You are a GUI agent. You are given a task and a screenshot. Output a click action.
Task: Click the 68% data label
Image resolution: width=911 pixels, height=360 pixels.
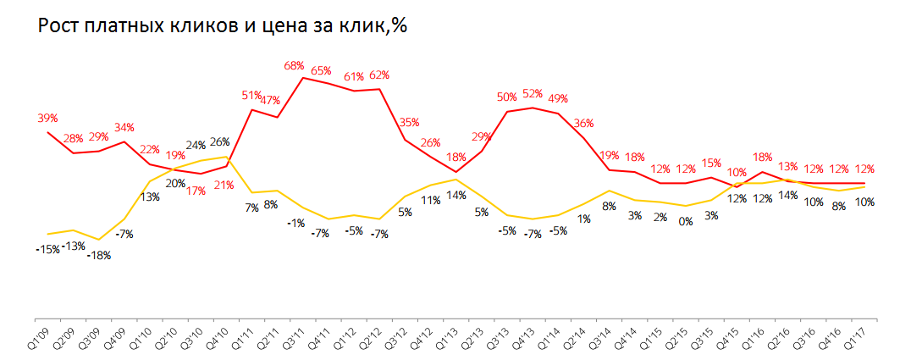click(x=295, y=65)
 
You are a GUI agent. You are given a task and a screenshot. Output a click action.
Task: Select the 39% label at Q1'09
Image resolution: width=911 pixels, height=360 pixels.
click(x=47, y=118)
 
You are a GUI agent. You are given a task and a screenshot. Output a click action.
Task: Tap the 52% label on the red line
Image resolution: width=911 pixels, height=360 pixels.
click(x=533, y=94)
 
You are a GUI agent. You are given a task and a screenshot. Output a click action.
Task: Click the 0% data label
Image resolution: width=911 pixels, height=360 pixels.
click(x=685, y=222)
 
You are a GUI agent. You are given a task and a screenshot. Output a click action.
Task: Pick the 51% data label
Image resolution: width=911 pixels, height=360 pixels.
click(x=251, y=96)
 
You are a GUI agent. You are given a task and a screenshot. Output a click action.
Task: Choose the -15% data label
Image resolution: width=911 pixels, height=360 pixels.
click(x=48, y=249)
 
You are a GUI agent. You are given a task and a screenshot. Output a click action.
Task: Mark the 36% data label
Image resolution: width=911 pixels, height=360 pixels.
click(x=583, y=123)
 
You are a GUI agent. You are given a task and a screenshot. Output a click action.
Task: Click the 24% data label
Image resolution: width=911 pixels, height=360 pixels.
click(x=196, y=144)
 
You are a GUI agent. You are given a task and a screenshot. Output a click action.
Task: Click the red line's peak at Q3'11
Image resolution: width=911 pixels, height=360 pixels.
click(x=303, y=78)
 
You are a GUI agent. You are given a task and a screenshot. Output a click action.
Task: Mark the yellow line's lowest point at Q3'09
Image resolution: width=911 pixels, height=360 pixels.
click(x=100, y=240)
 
